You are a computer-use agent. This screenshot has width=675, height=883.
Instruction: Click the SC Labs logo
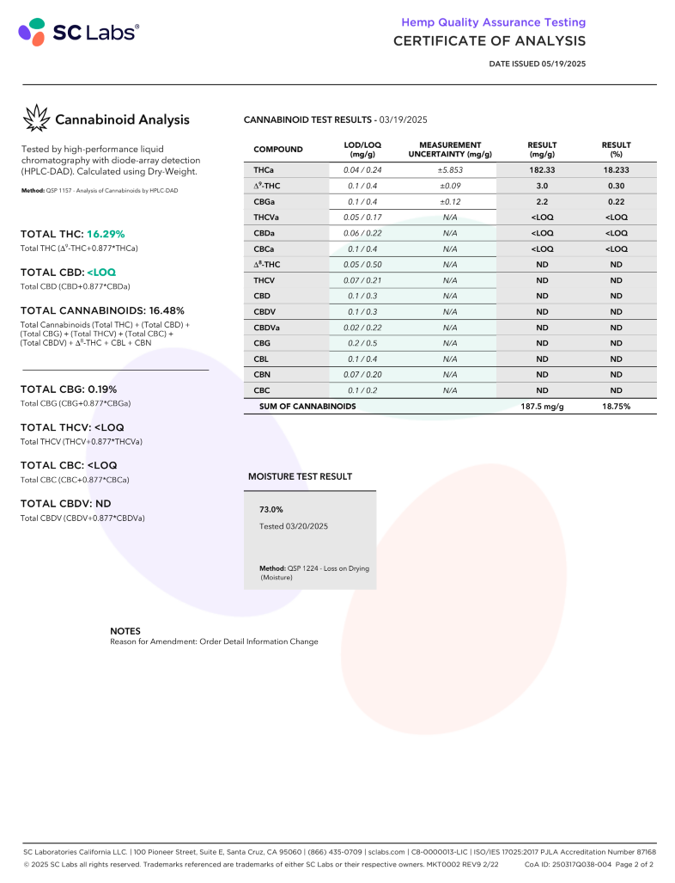pyautogui.click(x=78, y=33)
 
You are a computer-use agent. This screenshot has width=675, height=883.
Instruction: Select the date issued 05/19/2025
pyautogui.click(x=537, y=64)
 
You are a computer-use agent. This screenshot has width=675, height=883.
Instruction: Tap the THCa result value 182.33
pyautogui.click(x=542, y=170)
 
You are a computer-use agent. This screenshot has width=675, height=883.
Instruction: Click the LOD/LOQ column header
pyautogui.click(x=362, y=150)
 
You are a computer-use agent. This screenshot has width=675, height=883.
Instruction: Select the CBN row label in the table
pyautogui.click(x=263, y=374)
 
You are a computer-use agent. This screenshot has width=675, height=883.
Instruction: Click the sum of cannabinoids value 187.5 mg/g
pyautogui.click(x=542, y=406)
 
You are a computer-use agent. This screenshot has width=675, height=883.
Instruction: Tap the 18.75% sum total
pyautogui.click(x=616, y=406)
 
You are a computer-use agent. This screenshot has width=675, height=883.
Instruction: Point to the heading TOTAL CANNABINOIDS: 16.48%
pyautogui.click(x=102, y=310)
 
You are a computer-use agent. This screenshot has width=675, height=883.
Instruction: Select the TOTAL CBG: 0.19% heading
pyautogui.click(x=68, y=389)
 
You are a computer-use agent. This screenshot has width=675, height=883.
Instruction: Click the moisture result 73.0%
pyautogui.click(x=271, y=509)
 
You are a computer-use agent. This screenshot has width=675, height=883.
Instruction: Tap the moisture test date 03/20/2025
pyautogui.click(x=294, y=525)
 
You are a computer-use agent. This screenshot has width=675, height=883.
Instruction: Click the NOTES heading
pyautogui.click(x=125, y=630)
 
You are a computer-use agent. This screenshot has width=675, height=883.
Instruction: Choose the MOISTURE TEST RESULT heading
pyautogui.click(x=300, y=475)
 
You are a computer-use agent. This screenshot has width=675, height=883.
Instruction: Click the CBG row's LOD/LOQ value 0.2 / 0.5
pyautogui.click(x=362, y=343)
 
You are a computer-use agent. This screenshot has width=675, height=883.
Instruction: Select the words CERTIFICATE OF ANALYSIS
pyautogui.click(x=490, y=40)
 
